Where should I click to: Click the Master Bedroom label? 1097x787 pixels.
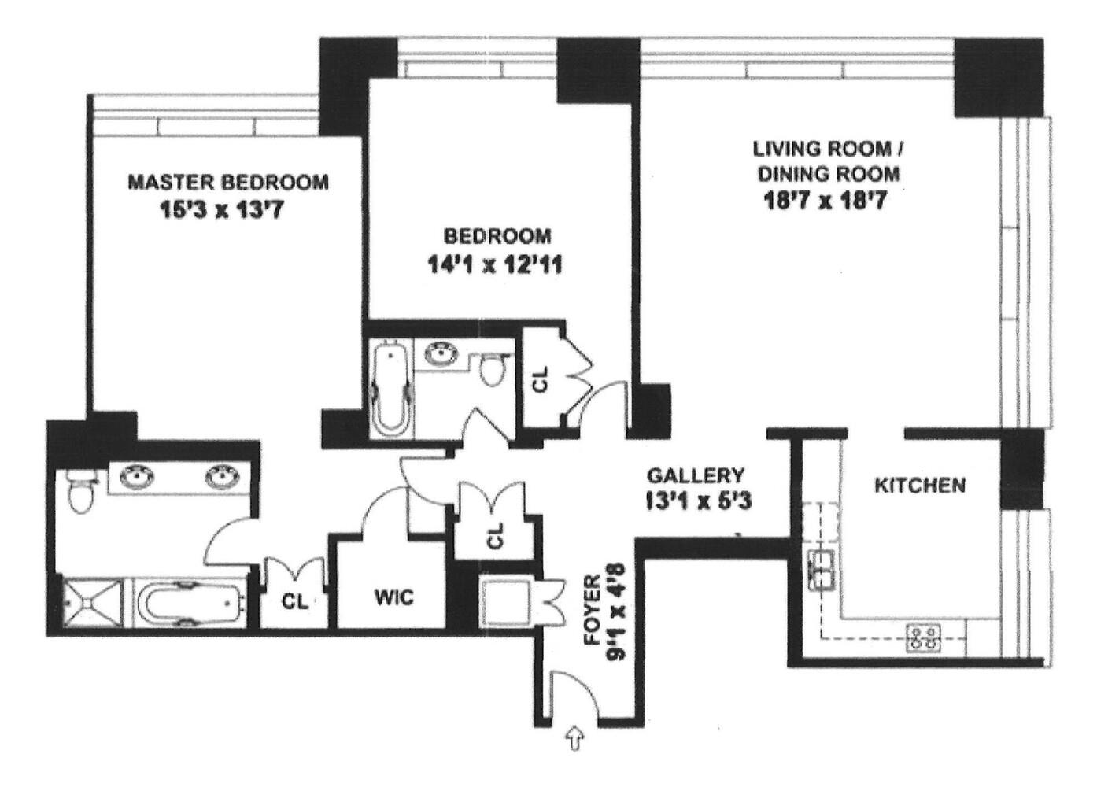(x=228, y=183)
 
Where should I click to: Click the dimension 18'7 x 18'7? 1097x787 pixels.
(x=826, y=201)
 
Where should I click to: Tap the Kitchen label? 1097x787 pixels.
(x=919, y=485)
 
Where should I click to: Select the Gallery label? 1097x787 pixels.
(x=695, y=475)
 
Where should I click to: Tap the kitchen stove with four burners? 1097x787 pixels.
(x=924, y=637)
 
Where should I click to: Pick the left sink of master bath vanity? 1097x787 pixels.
(x=139, y=477)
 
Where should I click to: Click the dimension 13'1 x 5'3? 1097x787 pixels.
(x=695, y=501)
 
